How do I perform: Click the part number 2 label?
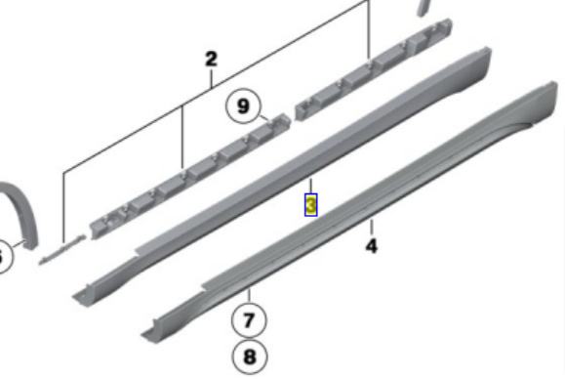point(211,60)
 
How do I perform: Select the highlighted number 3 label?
point(311,205)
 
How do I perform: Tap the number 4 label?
point(372,246)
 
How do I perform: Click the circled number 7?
point(249,320)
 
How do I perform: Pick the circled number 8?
point(250,357)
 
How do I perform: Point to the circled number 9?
point(243,106)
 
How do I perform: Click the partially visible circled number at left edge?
point(3,257)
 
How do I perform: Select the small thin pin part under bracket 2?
point(62,249)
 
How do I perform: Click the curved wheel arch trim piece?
point(22,213)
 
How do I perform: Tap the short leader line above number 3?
point(311,186)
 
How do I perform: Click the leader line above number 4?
point(372,228)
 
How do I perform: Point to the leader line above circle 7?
point(249,296)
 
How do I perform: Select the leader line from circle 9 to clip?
point(264,117)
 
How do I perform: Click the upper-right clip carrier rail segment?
point(374,69)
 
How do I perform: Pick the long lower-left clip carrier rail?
point(190,176)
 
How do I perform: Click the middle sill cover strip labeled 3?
point(281,177)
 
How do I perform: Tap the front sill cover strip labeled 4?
point(348,213)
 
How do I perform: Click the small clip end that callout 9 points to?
point(280,120)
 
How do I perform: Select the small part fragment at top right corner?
point(424,7)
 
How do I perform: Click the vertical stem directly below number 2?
point(212,78)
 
